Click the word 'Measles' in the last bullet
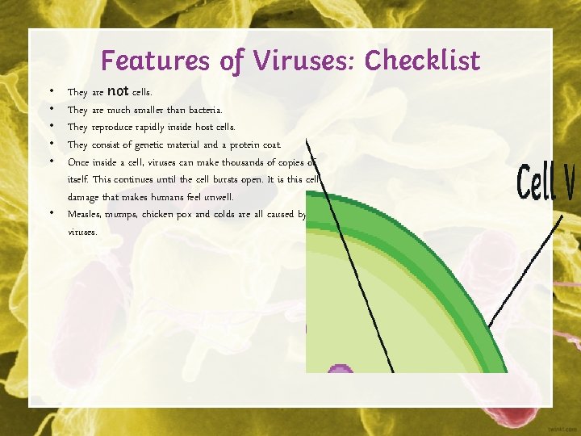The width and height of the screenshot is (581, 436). pos(84,215)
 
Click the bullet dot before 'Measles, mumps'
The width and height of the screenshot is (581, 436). pos(51,214)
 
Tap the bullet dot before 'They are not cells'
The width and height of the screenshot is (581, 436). pos(51,91)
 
